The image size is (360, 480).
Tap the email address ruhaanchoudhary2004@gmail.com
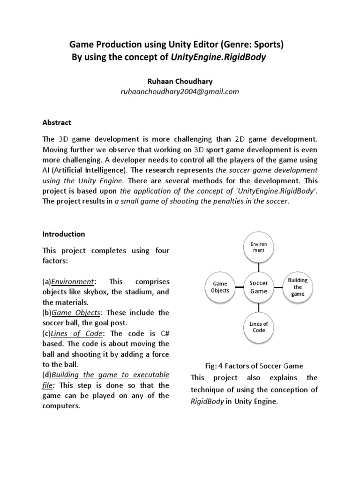click(x=180, y=92)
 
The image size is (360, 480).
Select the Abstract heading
click(x=57, y=122)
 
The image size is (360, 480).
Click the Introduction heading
click(x=64, y=233)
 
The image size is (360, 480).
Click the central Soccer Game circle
click(x=258, y=287)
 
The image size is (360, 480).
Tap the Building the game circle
click(x=298, y=287)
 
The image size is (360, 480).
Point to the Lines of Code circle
click(x=258, y=327)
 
